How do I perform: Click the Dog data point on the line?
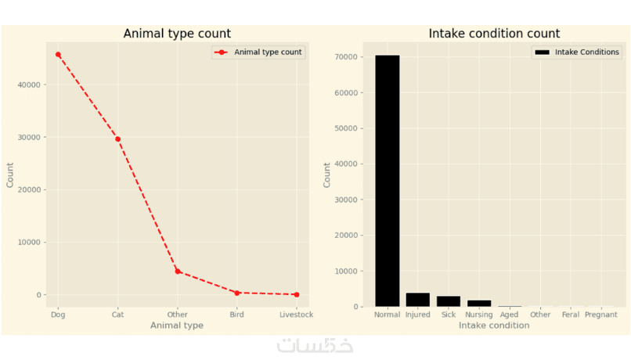(x=58, y=55)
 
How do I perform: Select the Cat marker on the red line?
(x=117, y=139)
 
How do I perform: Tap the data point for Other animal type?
(x=178, y=272)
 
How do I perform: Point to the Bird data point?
(x=237, y=293)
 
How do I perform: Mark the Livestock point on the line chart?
(x=296, y=294)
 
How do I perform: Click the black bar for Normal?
(x=388, y=180)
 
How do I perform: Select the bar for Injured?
(x=418, y=300)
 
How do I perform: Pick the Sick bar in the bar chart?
(x=449, y=301)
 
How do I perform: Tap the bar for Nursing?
(x=479, y=303)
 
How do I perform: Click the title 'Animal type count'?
(x=177, y=34)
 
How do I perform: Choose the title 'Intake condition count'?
(x=494, y=34)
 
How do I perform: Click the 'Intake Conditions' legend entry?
(x=578, y=52)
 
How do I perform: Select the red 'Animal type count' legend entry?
(x=258, y=52)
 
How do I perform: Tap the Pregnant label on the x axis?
(x=601, y=315)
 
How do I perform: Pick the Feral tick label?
(x=571, y=315)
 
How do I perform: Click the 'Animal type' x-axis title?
(x=177, y=326)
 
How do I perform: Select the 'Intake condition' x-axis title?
(x=494, y=326)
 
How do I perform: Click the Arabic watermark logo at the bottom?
(x=315, y=345)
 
